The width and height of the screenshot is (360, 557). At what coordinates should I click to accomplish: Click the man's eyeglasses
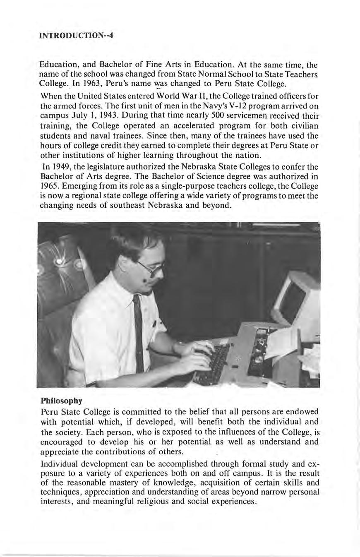click(150, 268)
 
